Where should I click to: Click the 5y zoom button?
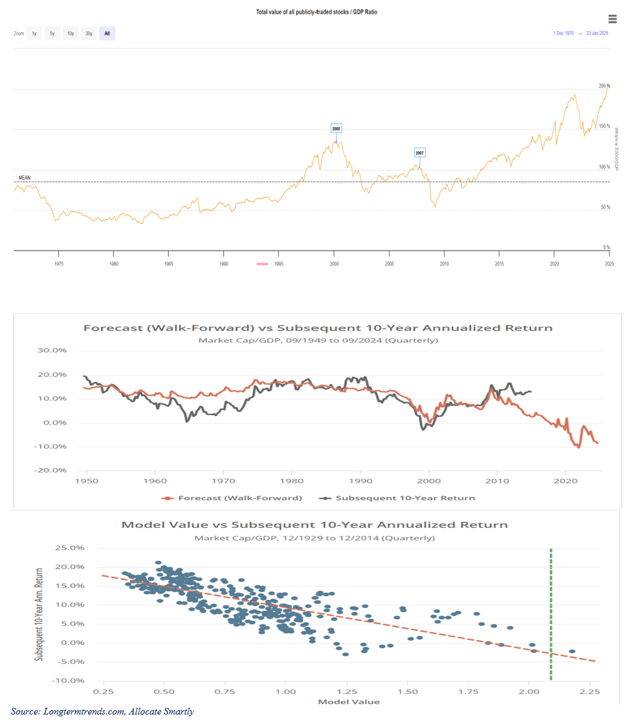point(52,33)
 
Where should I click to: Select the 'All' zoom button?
point(107,33)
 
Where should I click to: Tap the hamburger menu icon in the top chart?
point(612,19)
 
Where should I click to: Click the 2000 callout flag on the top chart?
point(337,129)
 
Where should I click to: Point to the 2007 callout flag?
point(420,153)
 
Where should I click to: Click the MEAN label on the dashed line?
point(25,178)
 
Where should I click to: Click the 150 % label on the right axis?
point(604,127)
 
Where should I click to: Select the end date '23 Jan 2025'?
point(597,33)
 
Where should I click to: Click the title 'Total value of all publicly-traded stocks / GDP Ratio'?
point(317,12)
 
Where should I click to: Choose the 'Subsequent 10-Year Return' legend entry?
point(405,498)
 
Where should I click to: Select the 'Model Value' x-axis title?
point(349,702)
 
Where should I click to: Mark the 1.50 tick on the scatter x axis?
point(408,691)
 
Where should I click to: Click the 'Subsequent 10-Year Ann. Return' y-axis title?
point(39,614)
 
